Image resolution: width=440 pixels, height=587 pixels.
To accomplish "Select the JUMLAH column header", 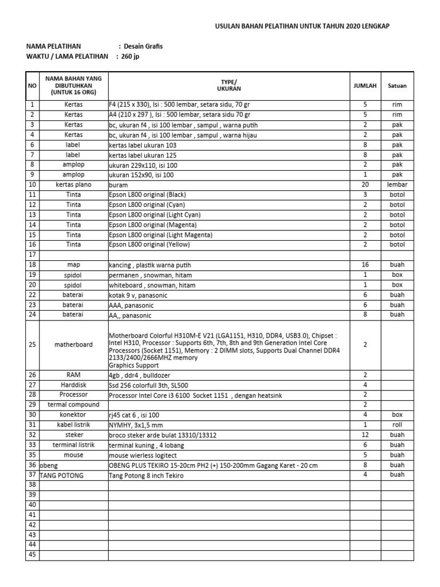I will click(365, 86).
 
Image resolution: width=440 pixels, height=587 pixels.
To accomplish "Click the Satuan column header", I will click(397, 86).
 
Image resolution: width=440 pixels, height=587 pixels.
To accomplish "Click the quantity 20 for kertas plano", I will click(365, 185).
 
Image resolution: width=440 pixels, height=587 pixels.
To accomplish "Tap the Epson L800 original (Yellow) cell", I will click(149, 245).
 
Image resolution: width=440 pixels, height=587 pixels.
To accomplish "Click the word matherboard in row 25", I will click(73, 345).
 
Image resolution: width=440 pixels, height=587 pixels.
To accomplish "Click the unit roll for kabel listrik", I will click(397, 425).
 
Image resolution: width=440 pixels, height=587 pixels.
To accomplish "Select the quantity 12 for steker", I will click(365, 435).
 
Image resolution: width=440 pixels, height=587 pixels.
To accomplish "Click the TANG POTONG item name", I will click(61, 475).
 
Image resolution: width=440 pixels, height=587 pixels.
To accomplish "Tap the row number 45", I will click(32, 555).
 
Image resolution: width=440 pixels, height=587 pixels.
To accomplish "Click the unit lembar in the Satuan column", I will click(397, 185).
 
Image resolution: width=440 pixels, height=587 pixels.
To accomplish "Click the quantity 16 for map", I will click(365, 265).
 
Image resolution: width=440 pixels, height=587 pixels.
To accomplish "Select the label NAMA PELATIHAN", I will click(54, 46).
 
